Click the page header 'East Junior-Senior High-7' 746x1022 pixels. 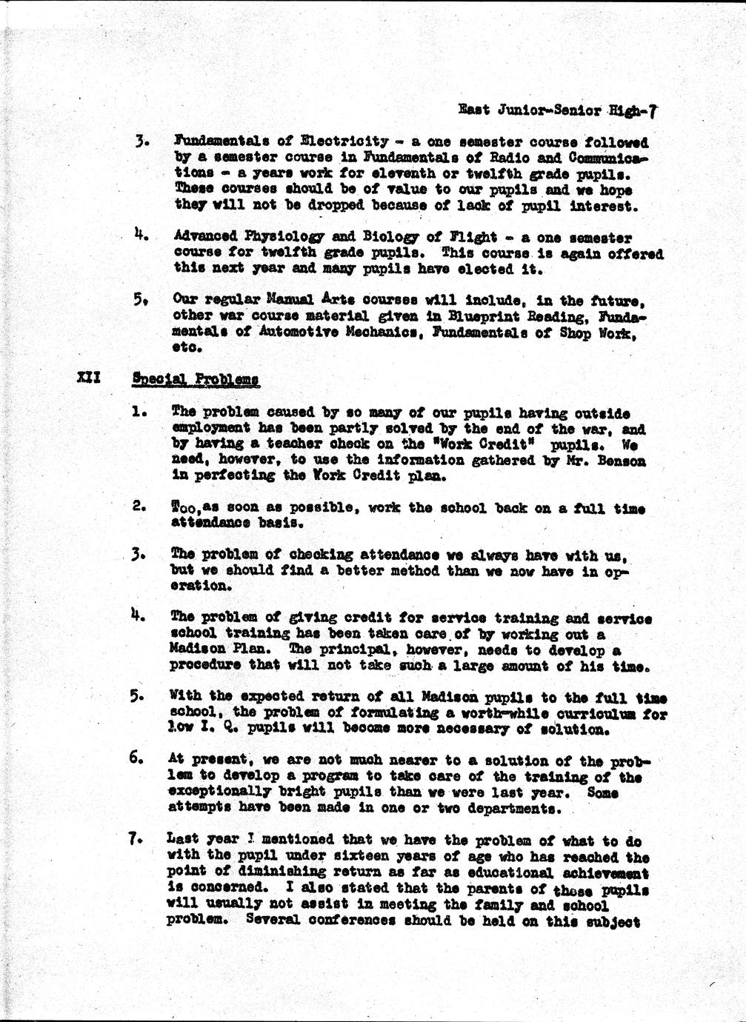click(557, 111)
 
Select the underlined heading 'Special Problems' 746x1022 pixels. click(196, 378)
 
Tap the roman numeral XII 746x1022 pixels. click(90, 378)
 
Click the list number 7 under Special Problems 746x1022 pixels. click(135, 840)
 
